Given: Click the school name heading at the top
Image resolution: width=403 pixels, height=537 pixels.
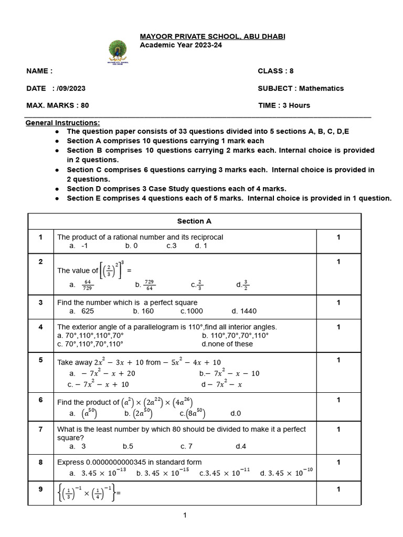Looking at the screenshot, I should [x=212, y=36].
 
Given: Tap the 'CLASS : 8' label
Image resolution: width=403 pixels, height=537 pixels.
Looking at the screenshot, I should [x=275, y=71].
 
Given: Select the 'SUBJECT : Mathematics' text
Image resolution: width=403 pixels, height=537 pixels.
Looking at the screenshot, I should [x=301, y=88].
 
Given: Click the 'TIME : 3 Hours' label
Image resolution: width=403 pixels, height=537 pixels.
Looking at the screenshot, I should [x=284, y=105].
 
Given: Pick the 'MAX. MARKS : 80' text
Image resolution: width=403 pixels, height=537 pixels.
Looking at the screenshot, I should [x=58, y=105].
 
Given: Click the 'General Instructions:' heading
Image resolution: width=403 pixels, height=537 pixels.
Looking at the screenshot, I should [x=63, y=123].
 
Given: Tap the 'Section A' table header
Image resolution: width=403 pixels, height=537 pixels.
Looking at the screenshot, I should [x=194, y=221].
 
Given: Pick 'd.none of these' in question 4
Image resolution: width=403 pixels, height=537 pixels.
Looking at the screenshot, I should [x=227, y=344].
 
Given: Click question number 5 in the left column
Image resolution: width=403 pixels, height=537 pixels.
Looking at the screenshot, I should [x=40, y=360].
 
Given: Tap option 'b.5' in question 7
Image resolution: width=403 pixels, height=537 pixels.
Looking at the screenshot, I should [x=129, y=446].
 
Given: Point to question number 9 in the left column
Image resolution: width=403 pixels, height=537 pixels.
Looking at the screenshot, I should [x=40, y=489].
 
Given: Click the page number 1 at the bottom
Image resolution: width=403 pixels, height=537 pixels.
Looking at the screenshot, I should [x=185, y=515].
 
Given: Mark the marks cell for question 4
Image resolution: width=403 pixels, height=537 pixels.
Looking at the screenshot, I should [x=338, y=327].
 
